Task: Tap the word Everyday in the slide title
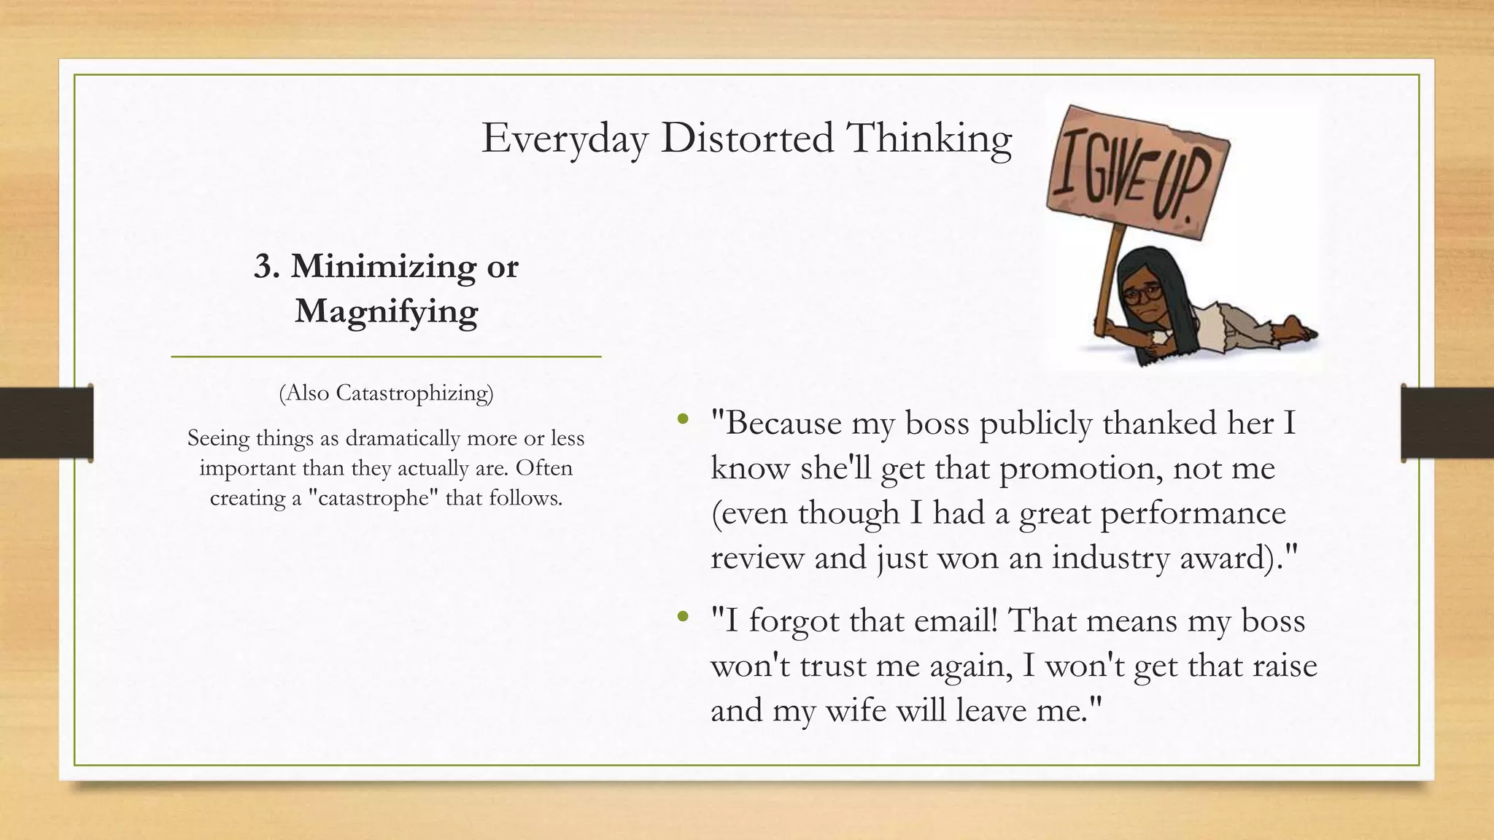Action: (x=564, y=139)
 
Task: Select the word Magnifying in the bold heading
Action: (x=386, y=311)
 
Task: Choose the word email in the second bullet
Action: (x=954, y=621)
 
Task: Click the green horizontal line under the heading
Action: (x=386, y=357)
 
